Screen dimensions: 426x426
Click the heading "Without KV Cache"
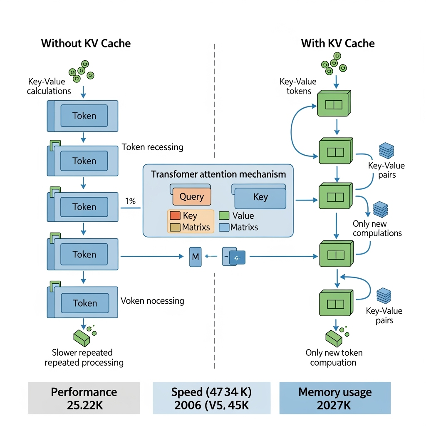(86, 43)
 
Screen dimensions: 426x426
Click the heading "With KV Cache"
(337, 43)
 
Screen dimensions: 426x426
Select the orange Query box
(191, 196)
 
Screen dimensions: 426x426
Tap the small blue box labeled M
(195, 257)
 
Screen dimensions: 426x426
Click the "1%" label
(130, 201)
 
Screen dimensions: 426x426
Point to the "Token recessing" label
(152, 147)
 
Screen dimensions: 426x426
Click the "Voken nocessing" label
(152, 300)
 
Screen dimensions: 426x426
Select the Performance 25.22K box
(84, 398)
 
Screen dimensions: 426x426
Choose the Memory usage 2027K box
(335, 398)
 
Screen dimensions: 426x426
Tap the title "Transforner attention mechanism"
(218, 174)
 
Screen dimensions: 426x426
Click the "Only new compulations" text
(377, 228)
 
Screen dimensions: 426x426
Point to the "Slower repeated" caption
(82, 352)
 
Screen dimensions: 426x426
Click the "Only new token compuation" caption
(334, 357)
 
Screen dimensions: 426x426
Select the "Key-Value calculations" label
(49, 86)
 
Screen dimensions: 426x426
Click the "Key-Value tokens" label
(298, 86)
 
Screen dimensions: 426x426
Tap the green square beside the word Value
(224, 215)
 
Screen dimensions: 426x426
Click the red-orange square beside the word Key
(175, 215)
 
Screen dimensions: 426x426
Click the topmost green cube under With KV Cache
(334, 104)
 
